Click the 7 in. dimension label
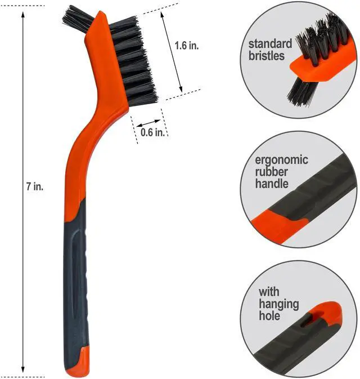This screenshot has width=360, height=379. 35,186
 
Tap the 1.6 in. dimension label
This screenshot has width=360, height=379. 187,46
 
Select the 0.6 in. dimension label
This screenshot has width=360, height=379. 152,132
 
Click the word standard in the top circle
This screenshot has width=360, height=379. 270,44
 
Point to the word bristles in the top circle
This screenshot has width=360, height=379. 267,56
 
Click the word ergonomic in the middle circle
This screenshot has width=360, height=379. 281,160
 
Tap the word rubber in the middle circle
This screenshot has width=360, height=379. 271,172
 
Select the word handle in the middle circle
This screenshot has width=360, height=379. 272,184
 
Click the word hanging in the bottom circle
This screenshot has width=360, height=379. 279,304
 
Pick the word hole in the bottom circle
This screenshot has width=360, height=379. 269,315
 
